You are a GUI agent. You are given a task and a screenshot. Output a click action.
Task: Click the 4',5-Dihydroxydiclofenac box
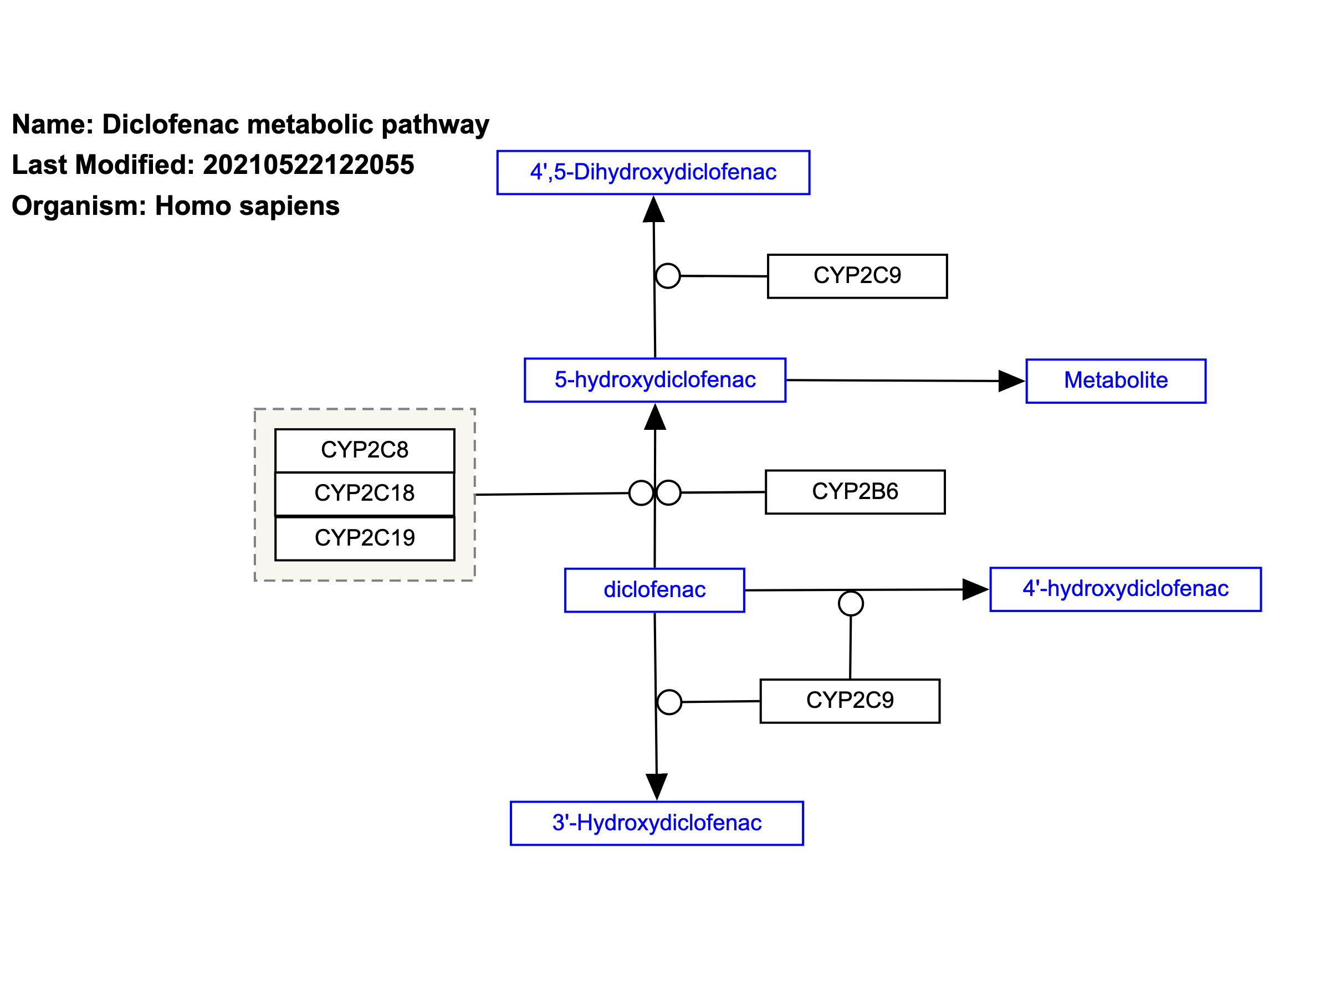coord(653,172)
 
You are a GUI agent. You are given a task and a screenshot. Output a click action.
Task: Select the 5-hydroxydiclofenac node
coord(655,381)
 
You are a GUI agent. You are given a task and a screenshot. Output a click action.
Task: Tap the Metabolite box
coord(1116,381)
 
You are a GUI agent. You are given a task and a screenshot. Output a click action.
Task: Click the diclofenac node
coord(655,590)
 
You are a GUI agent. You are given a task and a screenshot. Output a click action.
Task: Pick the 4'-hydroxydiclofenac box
coord(1126,589)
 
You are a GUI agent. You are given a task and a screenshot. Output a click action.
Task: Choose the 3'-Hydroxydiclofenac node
coord(657,823)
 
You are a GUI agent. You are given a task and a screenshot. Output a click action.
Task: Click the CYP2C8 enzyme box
coord(365,450)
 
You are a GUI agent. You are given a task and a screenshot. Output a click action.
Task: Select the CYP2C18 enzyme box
coord(365,494)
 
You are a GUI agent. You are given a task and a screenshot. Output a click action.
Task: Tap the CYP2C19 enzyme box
coord(365,538)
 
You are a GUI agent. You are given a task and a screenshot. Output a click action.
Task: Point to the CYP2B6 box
coord(855,492)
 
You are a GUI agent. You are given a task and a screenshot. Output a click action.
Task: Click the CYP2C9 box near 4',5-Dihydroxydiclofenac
coord(857,276)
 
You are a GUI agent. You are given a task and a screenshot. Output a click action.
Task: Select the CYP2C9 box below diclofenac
coord(850,701)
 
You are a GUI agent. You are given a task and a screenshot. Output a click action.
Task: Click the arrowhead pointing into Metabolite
coord(1012,381)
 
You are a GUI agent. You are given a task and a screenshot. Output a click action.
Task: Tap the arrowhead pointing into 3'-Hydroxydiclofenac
coord(657,787)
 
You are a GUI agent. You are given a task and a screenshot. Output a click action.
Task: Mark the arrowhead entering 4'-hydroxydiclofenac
coord(976,589)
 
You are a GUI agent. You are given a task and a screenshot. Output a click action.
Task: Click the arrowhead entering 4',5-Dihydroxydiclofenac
coord(653,209)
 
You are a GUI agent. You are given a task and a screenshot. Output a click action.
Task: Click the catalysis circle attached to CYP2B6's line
coord(669,493)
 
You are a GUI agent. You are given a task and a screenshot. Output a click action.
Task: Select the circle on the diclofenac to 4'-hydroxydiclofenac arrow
coord(851,603)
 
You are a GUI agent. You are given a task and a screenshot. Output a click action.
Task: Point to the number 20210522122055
coord(309,165)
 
